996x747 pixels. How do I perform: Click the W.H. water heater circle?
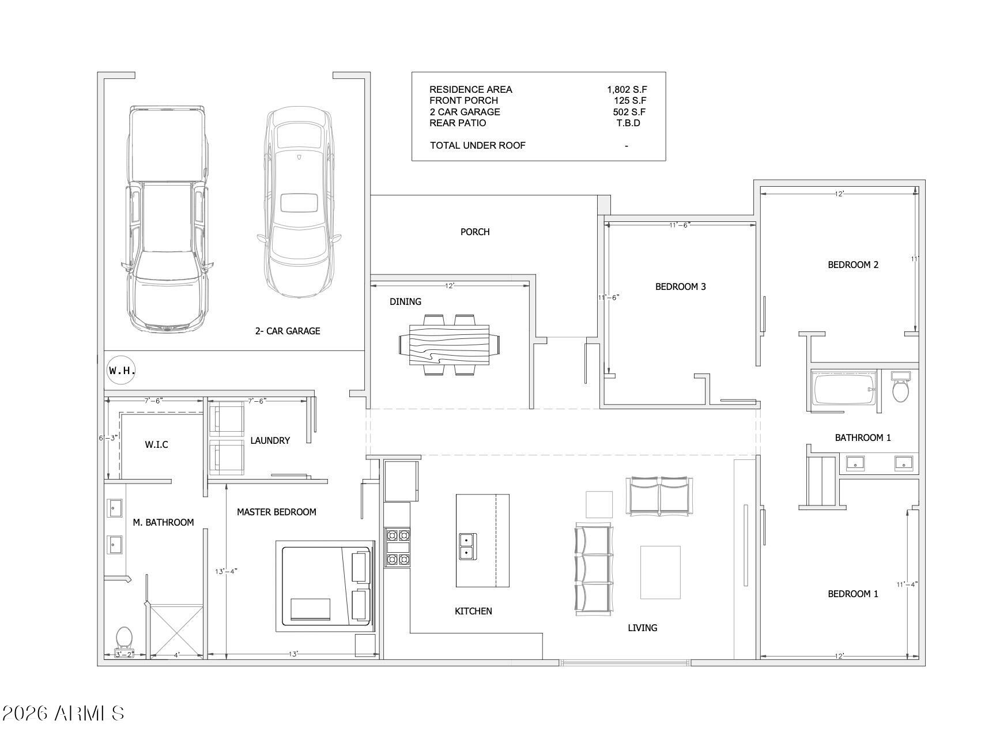pos(122,370)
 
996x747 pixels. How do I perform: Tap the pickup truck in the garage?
pos(167,219)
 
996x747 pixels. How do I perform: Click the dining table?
pos(449,345)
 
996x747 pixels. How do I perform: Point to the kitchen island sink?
pos(467,546)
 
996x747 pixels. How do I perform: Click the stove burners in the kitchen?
pos(398,547)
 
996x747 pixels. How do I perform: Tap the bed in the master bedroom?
pos(326,584)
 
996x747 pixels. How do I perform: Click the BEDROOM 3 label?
pos(681,286)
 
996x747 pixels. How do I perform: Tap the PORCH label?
pos(475,232)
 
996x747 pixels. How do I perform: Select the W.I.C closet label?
pos(156,444)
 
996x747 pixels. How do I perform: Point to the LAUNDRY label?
pos(270,440)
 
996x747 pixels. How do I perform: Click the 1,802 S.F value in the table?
pos(627,89)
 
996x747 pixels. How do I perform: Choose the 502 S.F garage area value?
pos(629,112)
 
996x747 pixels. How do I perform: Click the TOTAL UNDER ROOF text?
pos(478,145)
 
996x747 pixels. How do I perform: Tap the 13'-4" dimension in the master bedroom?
pos(227,571)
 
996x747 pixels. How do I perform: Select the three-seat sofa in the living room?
pos(593,569)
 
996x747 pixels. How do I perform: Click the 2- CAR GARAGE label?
pos(288,331)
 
